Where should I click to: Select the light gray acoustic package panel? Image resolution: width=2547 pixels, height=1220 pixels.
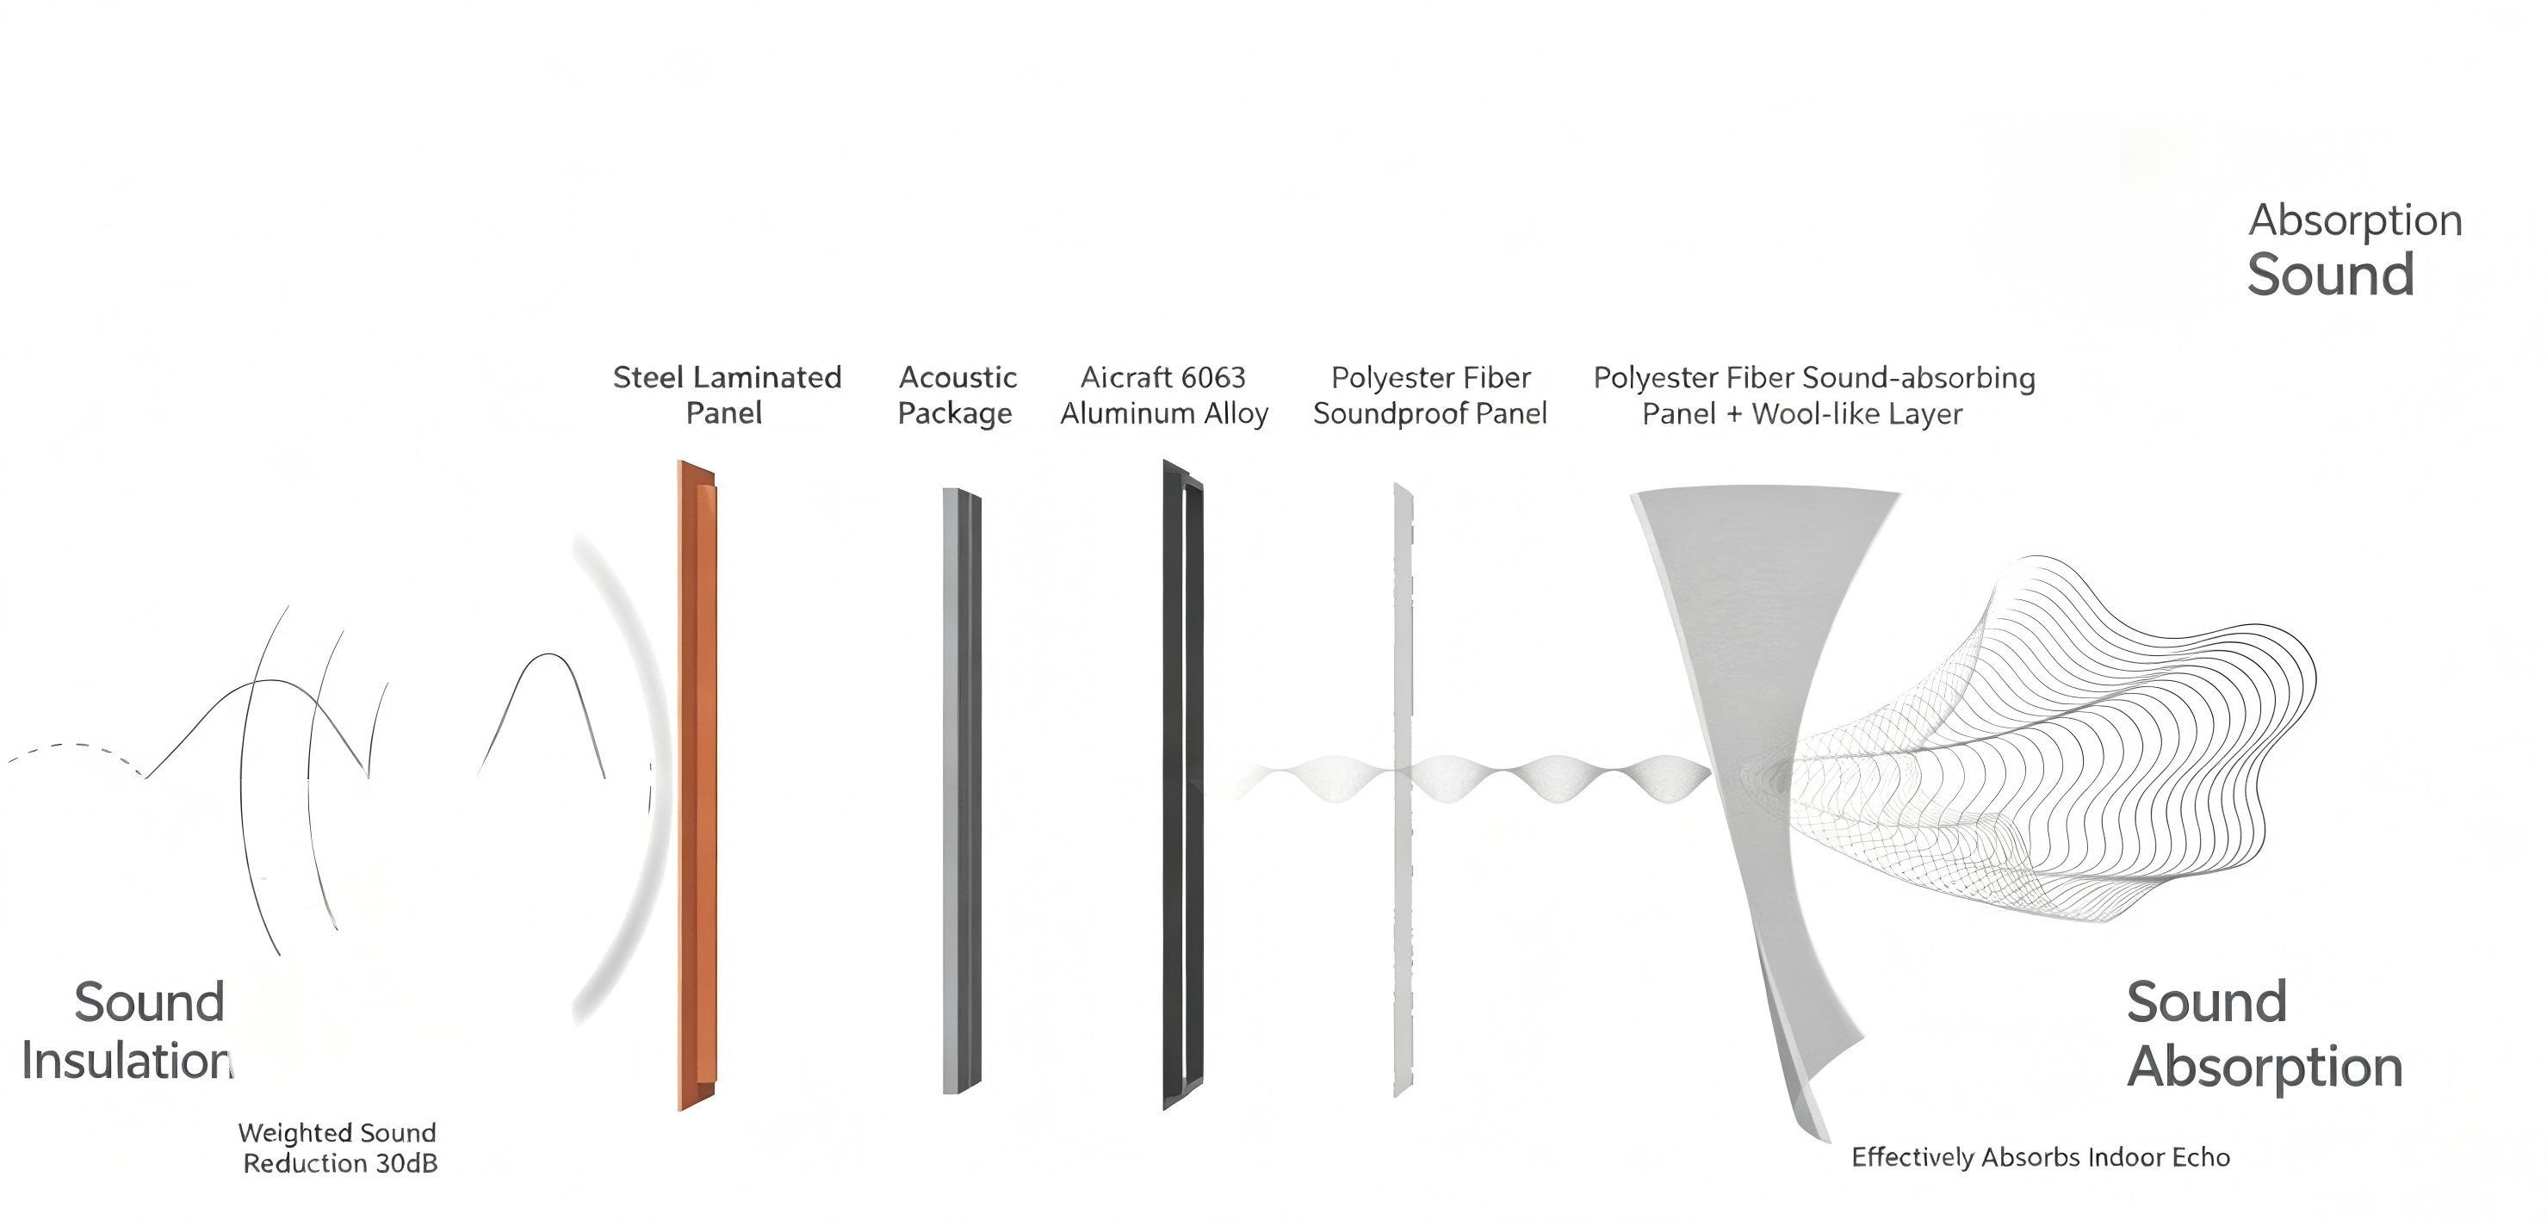click(x=960, y=791)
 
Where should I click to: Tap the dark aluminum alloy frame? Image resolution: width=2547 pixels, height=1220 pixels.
click(x=1182, y=785)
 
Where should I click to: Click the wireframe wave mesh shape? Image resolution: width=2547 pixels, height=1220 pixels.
click(x=2056, y=741)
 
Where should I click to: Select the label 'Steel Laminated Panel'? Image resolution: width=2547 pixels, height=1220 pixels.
click(x=727, y=394)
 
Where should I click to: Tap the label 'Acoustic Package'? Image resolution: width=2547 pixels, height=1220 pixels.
click(x=956, y=394)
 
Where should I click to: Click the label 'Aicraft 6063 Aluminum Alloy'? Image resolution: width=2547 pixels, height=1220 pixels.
click(x=1164, y=394)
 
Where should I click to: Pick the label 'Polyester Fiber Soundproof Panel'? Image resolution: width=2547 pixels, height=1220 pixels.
click(x=1429, y=394)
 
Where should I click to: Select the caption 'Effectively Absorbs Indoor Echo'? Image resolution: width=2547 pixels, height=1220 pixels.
click(x=2041, y=1157)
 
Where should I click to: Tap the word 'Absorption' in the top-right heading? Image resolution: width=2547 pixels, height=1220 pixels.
click(x=2355, y=221)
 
